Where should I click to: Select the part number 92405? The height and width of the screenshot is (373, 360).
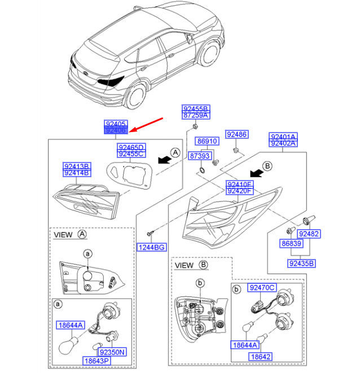point(116,124)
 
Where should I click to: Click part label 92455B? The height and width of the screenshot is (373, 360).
point(195,108)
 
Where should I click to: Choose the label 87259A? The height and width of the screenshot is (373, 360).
point(195,116)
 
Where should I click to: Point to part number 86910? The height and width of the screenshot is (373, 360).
point(207,141)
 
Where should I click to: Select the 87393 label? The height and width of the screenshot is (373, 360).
point(199,156)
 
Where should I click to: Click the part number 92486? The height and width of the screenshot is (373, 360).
point(236,134)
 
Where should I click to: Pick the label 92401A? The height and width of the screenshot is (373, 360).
point(283,137)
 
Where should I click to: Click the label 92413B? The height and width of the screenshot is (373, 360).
point(76,166)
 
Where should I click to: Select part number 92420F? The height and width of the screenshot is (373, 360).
point(240,191)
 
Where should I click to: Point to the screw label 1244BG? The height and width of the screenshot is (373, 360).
point(151,247)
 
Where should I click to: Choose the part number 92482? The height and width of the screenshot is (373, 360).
point(309,234)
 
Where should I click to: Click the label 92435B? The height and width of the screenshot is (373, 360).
point(302,263)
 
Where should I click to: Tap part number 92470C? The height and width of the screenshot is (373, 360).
point(262,288)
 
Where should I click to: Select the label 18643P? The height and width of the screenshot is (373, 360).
point(97,360)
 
